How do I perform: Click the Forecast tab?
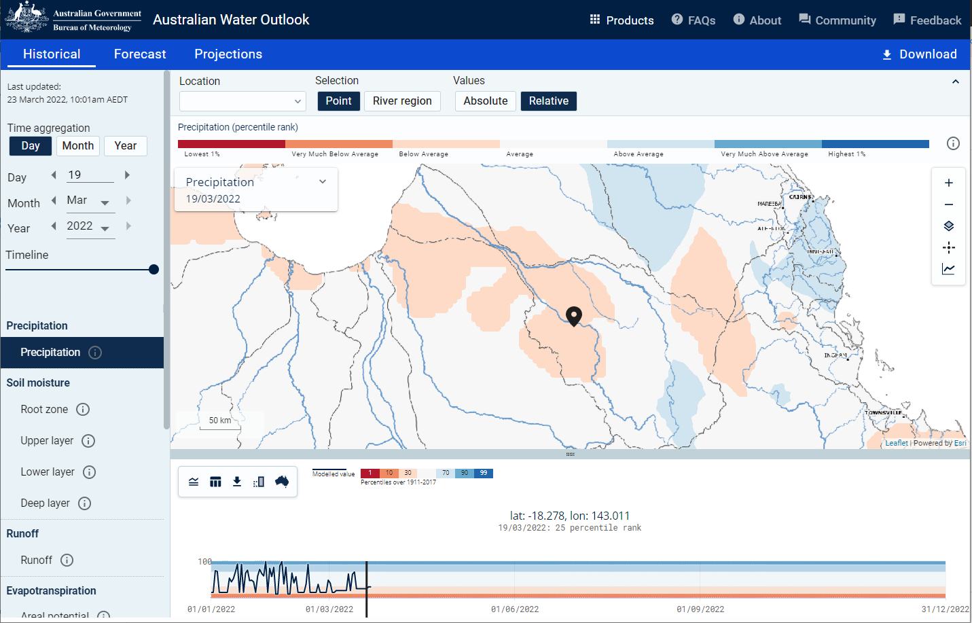pyautogui.click(x=140, y=54)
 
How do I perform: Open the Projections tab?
pyautogui.click(x=228, y=54)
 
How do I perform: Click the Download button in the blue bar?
pyautogui.click(x=919, y=54)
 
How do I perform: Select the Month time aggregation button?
pyautogui.click(x=78, y=146)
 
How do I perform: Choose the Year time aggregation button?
pyautogui.click(x=126, y=146)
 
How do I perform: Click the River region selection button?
pyautogui.click(x=402, y=101)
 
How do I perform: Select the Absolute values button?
pyautogui.click(x=486, y=101)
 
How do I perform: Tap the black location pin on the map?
pyautogui.click(x=574, y=316)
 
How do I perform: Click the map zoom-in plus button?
pyautogui.click(x=949, y=183)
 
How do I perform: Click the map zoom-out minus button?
pyautogui.click(x=949, y=204)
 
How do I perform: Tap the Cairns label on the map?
pyautogui.click(x=800, y=197)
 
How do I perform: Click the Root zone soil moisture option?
pyautogui.click(x=44, y=410)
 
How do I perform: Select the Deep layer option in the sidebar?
pyautogui.click(x=45, y=503)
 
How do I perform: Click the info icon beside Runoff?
pyautogui.click(x=67, y=560)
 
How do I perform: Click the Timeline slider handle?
pyautogui.click(x=154, y=270)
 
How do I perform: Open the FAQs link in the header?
pyautogui.click(x=694, y=20)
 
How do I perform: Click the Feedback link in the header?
pyautogui.click(x=927, y=20)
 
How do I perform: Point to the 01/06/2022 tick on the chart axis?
pyautogui.click(x=515, y=609)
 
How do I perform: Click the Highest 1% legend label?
pyautogui.click(x=846, y=154)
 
